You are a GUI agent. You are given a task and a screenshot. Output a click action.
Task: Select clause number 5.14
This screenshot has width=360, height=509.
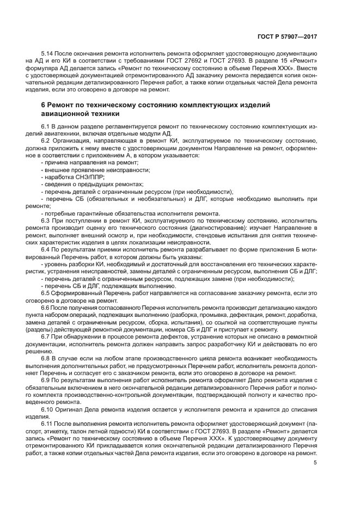click(47, 55)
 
